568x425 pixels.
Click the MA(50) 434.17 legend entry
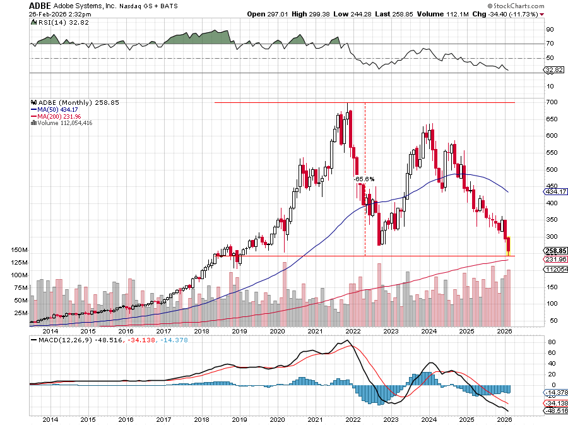[x=56, y=109]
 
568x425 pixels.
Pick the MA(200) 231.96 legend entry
[x=57, y=116]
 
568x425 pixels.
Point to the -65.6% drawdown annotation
[x=364, y=179]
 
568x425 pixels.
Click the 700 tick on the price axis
[x=550, y=102]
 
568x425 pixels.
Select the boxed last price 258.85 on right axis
[x=554, y=251]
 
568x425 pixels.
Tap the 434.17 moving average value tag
[x=554, y=191]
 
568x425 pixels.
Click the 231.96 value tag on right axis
[x=554, y=260]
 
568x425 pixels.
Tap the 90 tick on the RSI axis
[x=550, y=29]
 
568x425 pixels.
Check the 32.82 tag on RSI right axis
[x=553, y=70]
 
